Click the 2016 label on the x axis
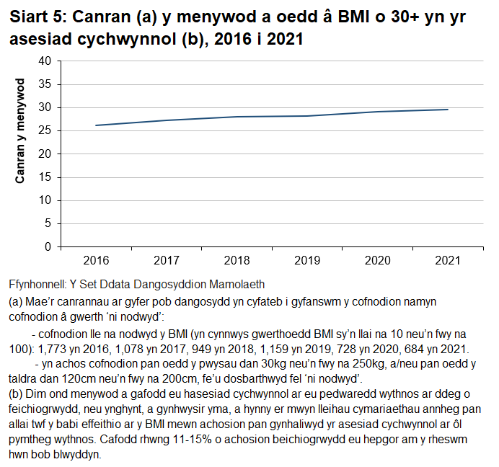[x=96, y=259]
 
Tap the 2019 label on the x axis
[x=307, y=259]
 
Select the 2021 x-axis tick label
[x=448, y=259]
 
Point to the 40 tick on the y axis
[x=45, y=61]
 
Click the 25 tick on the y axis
[x=45, y=131]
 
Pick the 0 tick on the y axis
[x=48, y=246]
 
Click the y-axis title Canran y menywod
[x=21, y=130]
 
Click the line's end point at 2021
[x=448, y=110]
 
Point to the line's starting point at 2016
[x=96, y=125]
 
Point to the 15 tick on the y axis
[x=45, y=177]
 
